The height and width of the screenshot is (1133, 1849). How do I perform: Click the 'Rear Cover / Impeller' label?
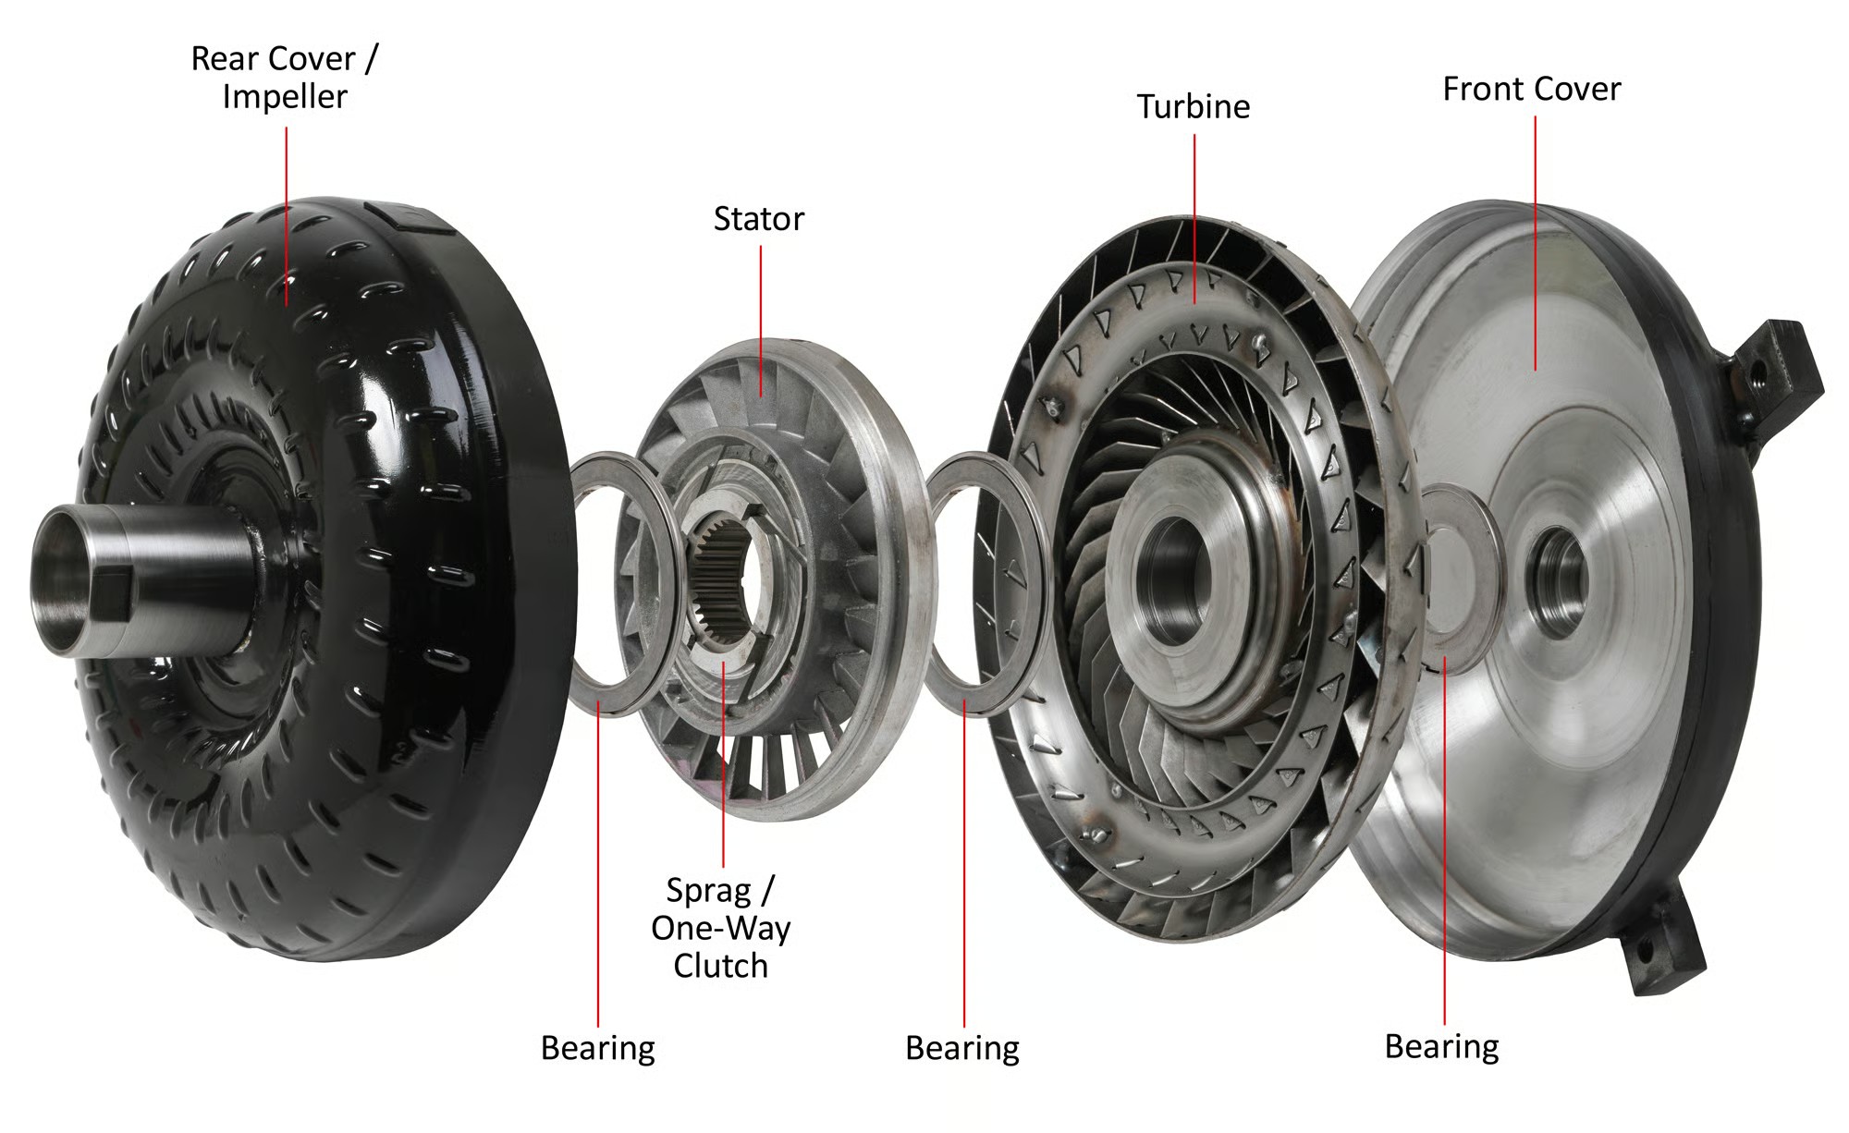285,78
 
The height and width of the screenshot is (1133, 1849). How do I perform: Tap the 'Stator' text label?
759,219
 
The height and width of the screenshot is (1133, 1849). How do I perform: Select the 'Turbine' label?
1194,107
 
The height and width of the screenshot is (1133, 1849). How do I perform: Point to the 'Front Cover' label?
1532,90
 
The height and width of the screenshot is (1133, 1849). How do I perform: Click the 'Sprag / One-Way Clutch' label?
721,928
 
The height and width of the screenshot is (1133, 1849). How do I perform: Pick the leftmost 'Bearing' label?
598,1049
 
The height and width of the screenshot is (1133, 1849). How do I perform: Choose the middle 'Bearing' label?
962,1049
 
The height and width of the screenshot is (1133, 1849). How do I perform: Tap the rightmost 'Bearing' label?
1442,1047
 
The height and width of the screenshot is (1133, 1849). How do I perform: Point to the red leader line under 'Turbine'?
1194,219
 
